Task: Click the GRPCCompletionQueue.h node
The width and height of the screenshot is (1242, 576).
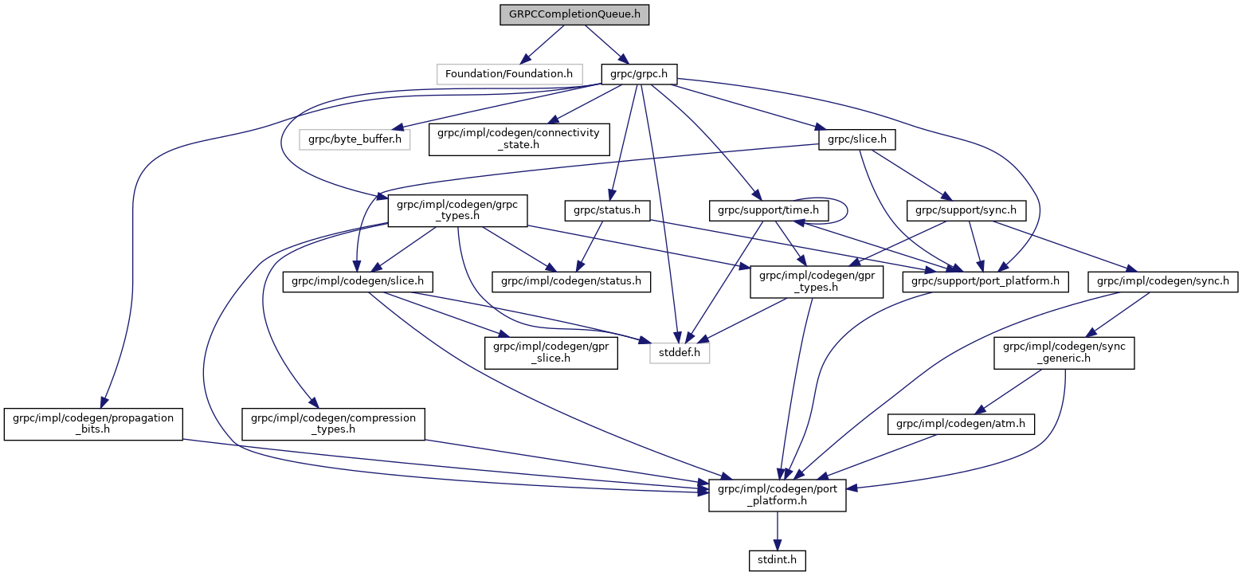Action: pos(574,14)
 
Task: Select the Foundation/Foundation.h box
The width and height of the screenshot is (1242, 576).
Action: pos(508,74)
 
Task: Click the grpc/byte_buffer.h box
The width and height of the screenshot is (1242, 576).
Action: pos(355,140)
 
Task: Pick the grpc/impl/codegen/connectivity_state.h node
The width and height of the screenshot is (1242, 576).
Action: pos(519,139)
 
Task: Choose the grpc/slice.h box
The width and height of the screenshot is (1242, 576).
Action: pos(856,140)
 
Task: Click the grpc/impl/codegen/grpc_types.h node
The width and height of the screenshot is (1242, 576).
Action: pos(457,211)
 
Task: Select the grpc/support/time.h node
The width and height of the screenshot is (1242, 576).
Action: pos(769,211)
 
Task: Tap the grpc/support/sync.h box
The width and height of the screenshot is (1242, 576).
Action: pos(966,211)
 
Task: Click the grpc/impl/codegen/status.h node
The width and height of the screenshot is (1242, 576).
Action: pos(571,281)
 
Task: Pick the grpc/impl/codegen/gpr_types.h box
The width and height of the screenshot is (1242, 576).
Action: pos(816,281)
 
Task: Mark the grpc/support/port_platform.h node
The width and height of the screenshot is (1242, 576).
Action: pos(985,281)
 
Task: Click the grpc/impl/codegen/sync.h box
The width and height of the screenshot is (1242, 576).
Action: pos(1163,281)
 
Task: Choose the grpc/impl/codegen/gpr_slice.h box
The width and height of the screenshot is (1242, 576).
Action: pos(550,352)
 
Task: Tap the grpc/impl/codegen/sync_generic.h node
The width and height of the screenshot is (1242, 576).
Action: pos(1064,352)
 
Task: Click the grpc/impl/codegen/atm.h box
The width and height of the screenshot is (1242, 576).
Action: pos(961,425)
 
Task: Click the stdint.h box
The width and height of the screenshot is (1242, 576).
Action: pos(777,561)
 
